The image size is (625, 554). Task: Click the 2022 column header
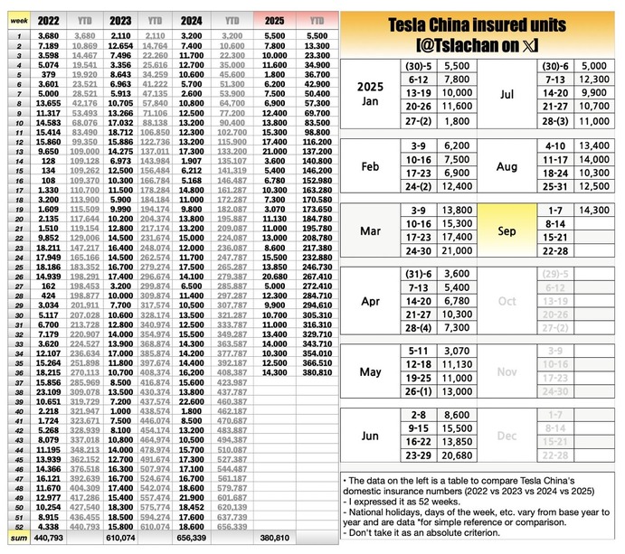[x=48, y=18]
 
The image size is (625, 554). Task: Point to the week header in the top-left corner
[x=17, y=18]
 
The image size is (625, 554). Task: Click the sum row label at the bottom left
[x=17, y=538]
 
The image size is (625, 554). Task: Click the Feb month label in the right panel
[x=370, y=166]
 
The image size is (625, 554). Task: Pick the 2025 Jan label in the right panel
[x=370, y=93]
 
